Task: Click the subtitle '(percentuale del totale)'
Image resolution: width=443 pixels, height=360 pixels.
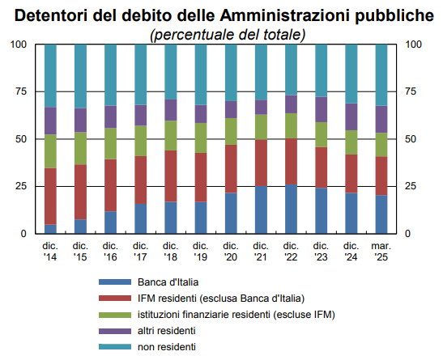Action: click(228, 34)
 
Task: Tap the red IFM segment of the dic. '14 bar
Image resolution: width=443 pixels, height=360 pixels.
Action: click(49, 196)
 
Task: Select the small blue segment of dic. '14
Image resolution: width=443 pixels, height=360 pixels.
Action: click(49, 228)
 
